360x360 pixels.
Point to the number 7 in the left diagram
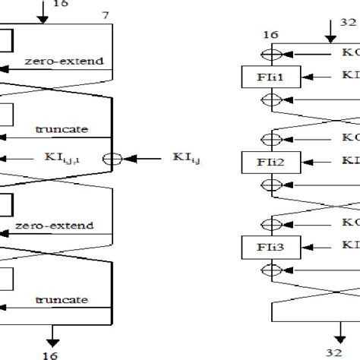pos(104,16)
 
